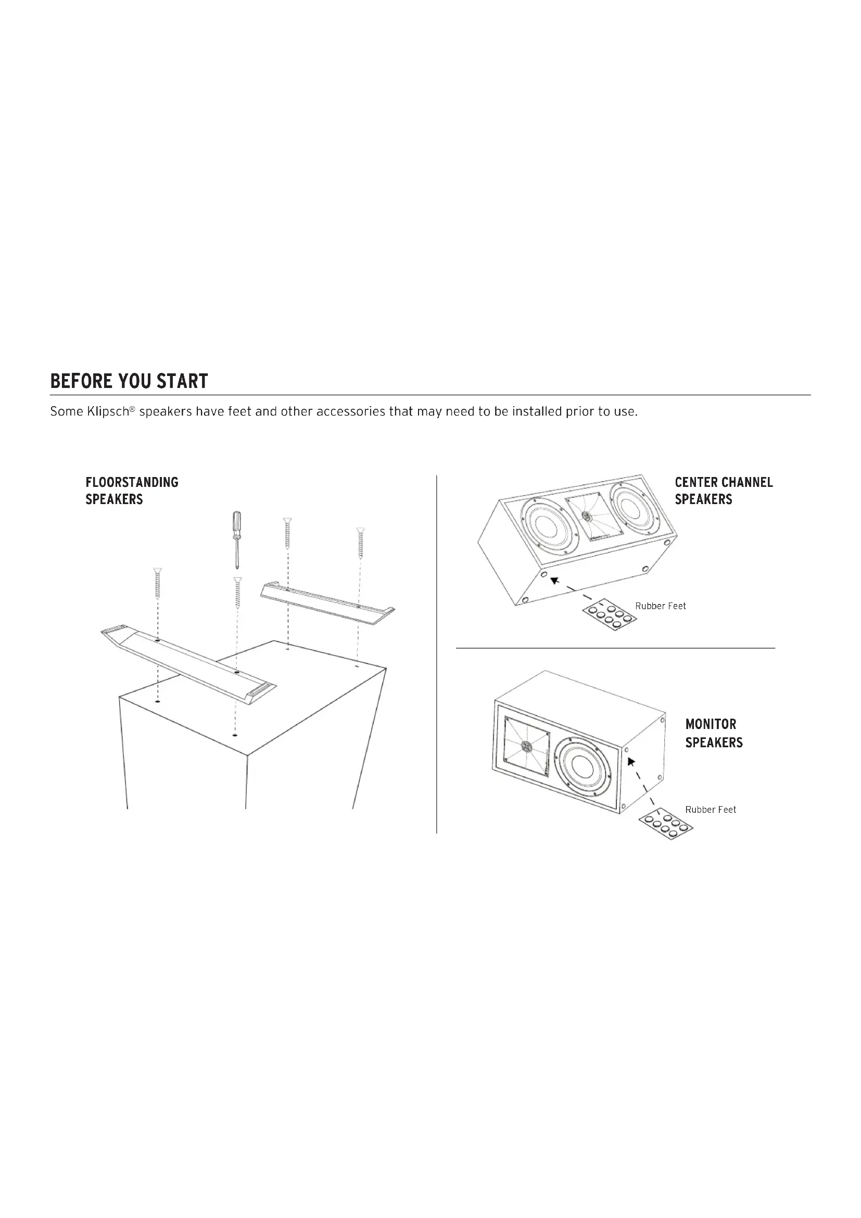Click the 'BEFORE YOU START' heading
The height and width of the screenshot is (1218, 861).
coord(129,381)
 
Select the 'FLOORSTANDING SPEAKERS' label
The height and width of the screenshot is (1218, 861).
coord(132,491)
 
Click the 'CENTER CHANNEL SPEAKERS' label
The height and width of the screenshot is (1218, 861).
coord(724,491)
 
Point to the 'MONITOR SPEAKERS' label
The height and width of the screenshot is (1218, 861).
coord(714,733)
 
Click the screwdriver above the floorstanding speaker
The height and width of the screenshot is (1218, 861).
coord(237,539)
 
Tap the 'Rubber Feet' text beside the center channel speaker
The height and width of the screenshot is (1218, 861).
coord(661,606)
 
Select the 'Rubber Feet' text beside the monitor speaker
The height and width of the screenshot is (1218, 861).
coord(711,810)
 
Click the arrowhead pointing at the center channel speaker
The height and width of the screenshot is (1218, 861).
coord(554,580)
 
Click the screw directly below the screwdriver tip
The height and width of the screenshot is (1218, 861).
coord(238,593)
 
